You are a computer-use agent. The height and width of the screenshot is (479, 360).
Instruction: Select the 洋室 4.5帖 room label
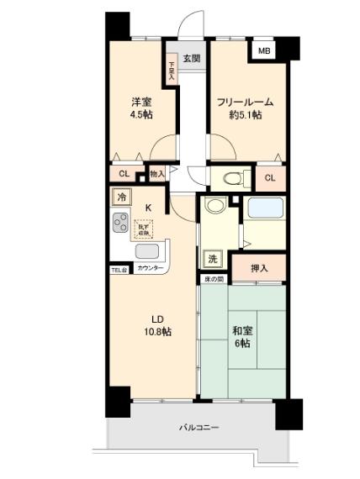point(140,108)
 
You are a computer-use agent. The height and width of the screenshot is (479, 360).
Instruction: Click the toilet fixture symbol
point(235,178)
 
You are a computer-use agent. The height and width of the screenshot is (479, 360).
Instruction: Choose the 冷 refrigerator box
point(120,196)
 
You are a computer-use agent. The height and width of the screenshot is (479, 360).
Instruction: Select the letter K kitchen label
point(149,208)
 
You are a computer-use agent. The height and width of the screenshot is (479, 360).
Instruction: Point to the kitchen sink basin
point(146,252)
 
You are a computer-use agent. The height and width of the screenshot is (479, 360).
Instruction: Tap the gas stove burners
point(119,224)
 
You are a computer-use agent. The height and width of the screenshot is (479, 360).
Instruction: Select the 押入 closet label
point(260,268)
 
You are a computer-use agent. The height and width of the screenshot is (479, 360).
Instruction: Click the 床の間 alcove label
point(212,278)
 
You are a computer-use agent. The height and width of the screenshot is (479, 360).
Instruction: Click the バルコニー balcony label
point(199,428)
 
